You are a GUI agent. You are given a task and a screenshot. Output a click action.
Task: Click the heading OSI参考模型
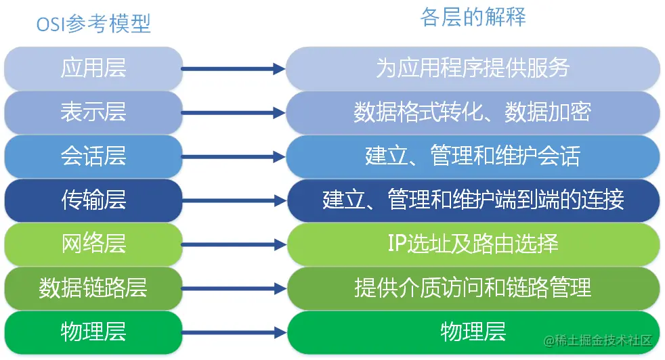pos(93,24)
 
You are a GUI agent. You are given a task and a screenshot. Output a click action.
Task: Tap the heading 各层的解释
pos(473,18)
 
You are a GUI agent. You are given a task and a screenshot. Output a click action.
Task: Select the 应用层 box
pos(93,68)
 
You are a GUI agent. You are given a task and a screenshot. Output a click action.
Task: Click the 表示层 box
pos(93,112)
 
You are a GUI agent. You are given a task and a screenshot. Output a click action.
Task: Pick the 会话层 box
pos(93,156)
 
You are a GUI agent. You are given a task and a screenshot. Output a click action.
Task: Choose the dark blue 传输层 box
pos(93,200)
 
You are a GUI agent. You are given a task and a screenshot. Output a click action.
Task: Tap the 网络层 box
pos(93,244)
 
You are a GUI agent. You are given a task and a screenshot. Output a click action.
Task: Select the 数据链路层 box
pos(93,288)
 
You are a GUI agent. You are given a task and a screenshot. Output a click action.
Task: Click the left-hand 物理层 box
pos(93,332)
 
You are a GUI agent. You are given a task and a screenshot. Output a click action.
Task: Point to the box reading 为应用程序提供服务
pos(473,68)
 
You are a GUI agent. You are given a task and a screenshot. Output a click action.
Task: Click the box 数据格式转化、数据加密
pos(473,112)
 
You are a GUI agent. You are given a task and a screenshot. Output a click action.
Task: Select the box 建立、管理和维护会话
pos(473,156)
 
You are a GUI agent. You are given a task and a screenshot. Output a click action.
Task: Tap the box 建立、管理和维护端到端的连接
pos(473,200)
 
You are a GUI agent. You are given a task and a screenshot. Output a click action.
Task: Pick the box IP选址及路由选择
pos(473,244)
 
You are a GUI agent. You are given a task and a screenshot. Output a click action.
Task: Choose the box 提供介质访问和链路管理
pos(473,288)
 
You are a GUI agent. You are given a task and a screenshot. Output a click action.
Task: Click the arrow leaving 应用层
pos(234,68)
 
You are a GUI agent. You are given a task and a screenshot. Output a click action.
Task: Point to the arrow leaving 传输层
pos(234,200)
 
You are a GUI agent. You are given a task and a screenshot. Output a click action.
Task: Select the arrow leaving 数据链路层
pos(234,288)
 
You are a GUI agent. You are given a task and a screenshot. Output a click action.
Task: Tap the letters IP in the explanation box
pos(396,244)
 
